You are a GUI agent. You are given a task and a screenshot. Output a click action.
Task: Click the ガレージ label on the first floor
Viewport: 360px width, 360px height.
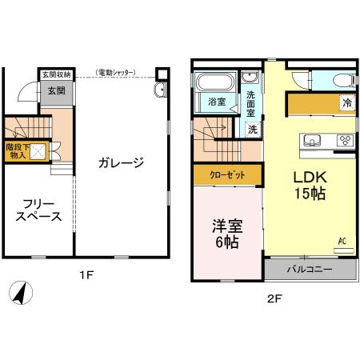pos(121,163)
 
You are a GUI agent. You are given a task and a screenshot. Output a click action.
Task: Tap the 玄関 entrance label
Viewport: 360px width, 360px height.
pos(55,91)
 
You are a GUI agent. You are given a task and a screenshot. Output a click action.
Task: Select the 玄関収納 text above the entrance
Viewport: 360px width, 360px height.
pos(55,74)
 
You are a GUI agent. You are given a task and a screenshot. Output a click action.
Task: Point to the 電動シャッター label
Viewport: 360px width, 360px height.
pos(116,74)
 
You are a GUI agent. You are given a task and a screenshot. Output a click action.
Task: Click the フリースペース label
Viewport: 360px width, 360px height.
pos(38,210)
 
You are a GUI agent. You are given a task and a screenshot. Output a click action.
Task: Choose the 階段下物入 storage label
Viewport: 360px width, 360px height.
pos(16,151)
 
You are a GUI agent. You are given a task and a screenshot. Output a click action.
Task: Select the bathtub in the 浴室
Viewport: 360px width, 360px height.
pos(214,82)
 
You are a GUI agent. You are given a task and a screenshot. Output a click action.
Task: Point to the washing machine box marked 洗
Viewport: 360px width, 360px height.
pos(251,128)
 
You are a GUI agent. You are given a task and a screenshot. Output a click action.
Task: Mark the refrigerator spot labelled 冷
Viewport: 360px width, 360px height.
pos(346,102)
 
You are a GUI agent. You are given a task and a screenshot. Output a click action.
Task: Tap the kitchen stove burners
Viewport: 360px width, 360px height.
pos(345,141)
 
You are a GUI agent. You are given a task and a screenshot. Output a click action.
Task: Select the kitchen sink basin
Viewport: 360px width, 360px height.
pos(312,141)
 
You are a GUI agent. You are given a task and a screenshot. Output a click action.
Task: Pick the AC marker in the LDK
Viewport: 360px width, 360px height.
pos(342,241)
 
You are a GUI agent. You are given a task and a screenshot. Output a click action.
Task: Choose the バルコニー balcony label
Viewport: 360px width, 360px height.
pos(310,270)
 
